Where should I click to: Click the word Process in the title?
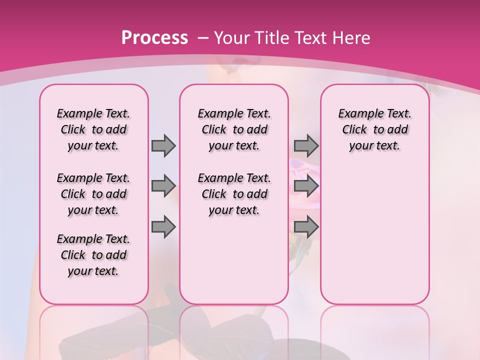[x=154, y=37]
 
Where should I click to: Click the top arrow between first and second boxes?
[x=163, y=145]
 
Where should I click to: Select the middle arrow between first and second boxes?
[x=163, y=186]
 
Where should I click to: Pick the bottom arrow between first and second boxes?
[x=163, y=227]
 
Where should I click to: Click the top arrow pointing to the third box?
[x=306, y=145]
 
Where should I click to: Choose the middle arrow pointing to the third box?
[x=306, y=186]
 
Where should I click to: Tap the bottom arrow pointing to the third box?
[x=306, y=227]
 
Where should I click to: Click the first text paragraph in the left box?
[x=93, y=129]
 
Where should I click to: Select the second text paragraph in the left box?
[x=93, y=194]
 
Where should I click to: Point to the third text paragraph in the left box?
[x=93, y=255]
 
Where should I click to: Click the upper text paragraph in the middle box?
[x=234, y=129]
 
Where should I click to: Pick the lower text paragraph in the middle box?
[x=234, y=194]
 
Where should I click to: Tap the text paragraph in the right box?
[x=374, y=129]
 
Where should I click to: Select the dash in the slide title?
[x=203, y=38]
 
